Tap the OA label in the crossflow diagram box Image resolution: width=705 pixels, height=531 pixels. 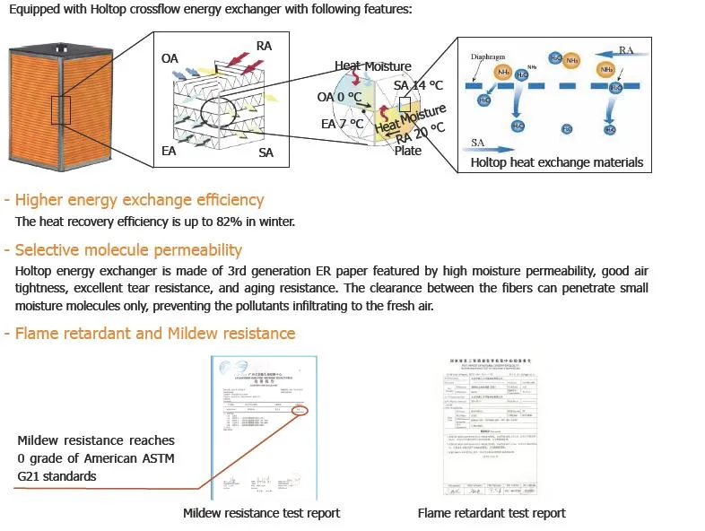coord(170,58)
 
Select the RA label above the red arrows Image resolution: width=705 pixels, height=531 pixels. coord(264,46)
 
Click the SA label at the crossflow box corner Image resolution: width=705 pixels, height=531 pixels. coord(265,153)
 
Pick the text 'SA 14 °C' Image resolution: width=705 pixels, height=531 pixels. coord(418,85)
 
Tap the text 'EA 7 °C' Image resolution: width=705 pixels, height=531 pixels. coord(342,124)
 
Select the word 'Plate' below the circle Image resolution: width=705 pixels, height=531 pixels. coord(408,151)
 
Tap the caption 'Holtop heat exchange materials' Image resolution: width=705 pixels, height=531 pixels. coord(557,162)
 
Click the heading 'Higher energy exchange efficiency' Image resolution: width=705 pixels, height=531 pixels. coord(139,200)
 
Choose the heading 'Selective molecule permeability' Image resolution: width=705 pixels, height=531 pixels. coord(128,250)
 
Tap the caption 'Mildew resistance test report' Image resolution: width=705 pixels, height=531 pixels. coord(261,513)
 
